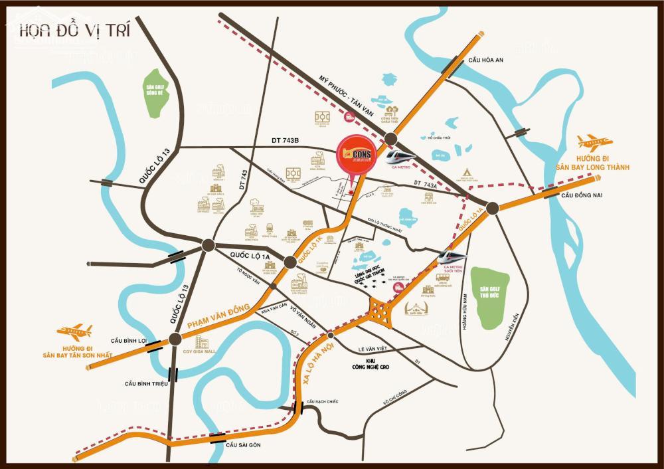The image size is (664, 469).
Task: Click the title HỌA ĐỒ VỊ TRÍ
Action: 74,30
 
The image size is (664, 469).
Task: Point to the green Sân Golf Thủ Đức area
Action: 493,298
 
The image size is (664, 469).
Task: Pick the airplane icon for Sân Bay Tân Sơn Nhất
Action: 74,331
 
